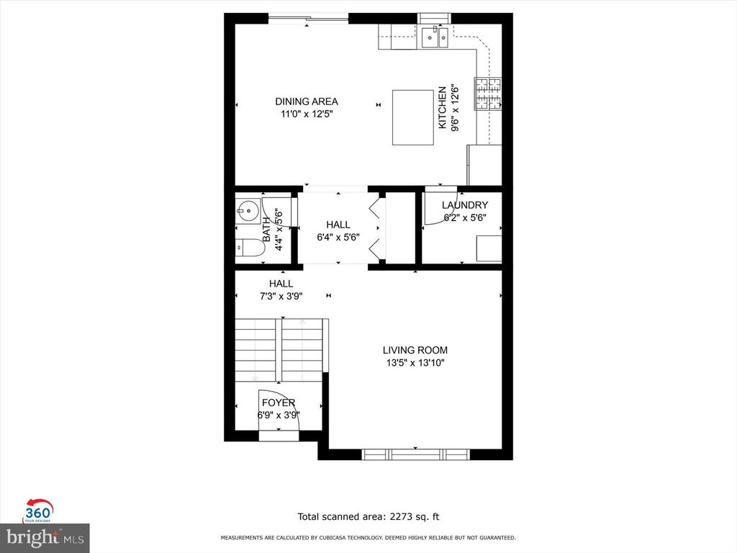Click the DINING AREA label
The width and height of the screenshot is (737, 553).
coord(307,102)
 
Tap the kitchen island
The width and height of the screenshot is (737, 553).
coord(412,117)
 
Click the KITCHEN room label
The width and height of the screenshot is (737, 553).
coord(443,109)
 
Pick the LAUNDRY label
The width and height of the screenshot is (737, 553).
coord(465,205)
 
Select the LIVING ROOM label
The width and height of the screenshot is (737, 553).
coord(415,351)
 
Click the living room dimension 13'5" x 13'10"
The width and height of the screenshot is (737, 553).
coord(415,363)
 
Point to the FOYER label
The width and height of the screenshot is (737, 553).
coord(278,403)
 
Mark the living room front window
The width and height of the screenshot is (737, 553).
coord(415,454)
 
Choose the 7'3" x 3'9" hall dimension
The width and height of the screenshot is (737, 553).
coord(281,296)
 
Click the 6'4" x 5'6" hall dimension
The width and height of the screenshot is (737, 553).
coord(338,237)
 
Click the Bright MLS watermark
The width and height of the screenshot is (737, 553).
coord(45,537)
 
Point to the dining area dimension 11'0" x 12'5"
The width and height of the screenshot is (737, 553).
coord(307,114)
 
